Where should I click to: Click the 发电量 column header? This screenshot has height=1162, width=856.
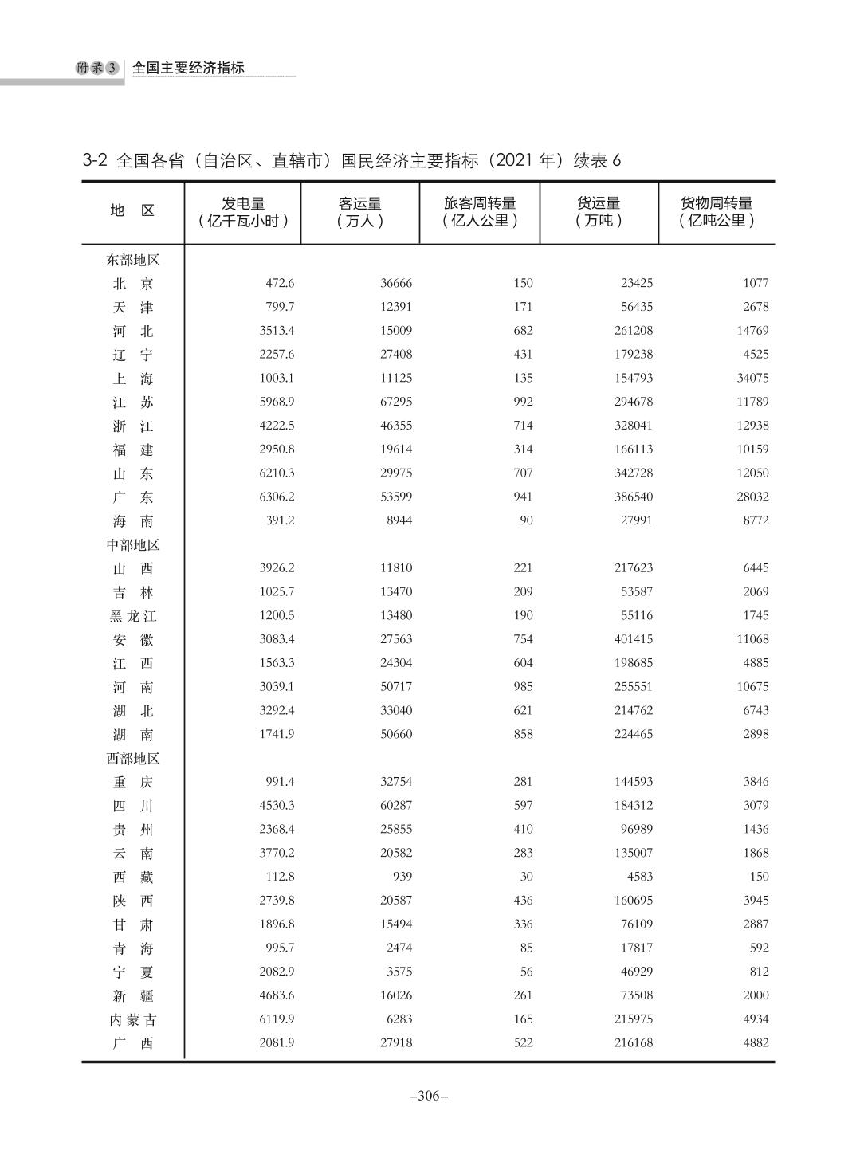click(x=243, y=212)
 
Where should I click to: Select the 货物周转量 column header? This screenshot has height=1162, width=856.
click(x=716, y=212)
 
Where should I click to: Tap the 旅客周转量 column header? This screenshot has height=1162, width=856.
click(x=480, y=212)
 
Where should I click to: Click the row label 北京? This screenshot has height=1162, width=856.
click(x=132, y=284)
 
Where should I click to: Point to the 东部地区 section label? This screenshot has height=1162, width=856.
click(x=133, y=260)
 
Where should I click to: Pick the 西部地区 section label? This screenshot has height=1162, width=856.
click(x=133, y=758)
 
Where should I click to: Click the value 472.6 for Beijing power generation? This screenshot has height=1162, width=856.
click(x=279, y=283)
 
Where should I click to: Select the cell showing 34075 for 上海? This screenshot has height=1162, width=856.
click(x=752, y=378)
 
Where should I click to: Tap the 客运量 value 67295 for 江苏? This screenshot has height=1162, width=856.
click(x=395, y=402)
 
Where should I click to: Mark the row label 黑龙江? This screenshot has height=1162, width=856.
click(x=132, y=616)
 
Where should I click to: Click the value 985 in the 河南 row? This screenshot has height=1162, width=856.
click(x=523, y=686)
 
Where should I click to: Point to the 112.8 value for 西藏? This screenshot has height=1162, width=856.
click(x=279, y=877)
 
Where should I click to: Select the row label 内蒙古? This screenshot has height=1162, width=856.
click(x=132, y=1019)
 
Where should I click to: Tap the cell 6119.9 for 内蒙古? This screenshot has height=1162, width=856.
click(x=277, y=1019)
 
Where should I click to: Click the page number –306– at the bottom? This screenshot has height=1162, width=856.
click(x=428, y=1096)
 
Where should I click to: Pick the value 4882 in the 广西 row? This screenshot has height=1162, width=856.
click(x=755, y=1042)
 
